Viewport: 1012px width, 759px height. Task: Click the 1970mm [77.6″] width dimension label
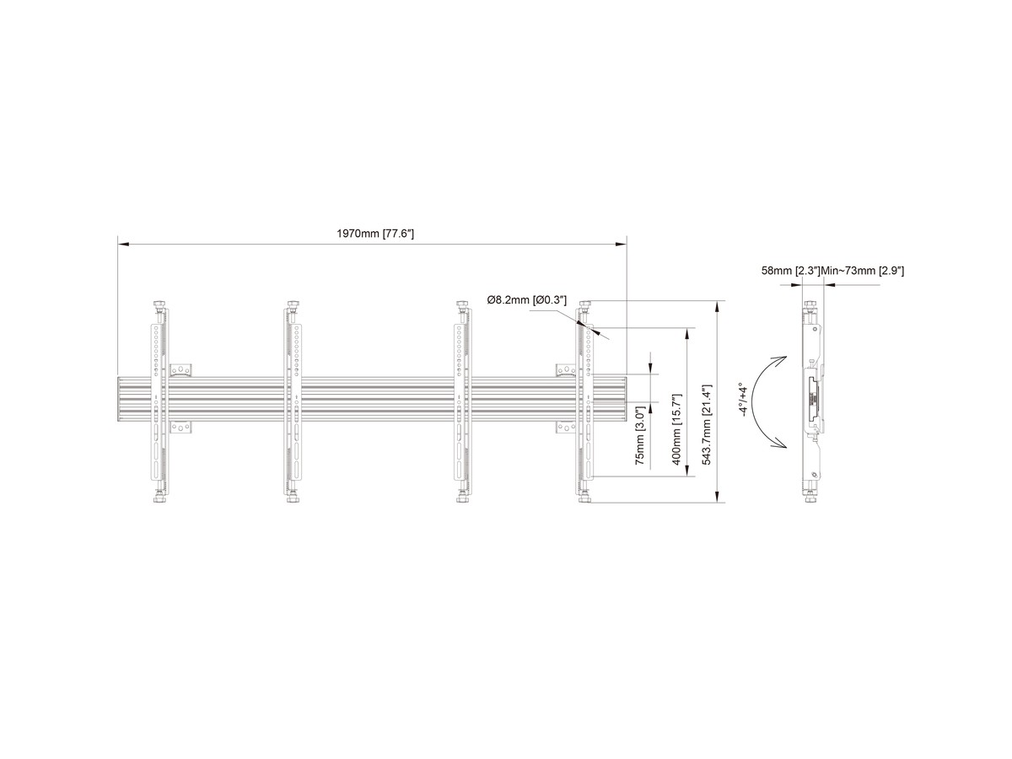pos(374,234)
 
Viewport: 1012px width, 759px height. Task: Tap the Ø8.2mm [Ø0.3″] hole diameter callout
pos(526,300)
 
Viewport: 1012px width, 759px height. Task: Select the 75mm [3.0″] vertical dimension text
pos(640,435)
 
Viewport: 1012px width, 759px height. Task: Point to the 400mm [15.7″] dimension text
pos(676,429)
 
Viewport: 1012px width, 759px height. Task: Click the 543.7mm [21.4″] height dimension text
pos(708,424)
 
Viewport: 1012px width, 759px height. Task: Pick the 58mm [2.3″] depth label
pos(790,271)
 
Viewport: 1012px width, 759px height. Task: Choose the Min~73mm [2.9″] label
pos(862,271)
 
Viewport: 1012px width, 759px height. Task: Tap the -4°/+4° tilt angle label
pos(743,400)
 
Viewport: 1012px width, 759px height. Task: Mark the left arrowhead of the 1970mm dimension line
pos(122,244)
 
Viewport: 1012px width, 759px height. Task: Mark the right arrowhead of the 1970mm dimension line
pos(622,244)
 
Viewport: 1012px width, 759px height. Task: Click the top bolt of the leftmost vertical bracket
pos(159,306)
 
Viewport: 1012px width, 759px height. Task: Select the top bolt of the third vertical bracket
pos(462,306)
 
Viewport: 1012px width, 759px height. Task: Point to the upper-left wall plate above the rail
pos(180,370)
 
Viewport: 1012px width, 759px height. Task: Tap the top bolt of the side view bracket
pos(810,306)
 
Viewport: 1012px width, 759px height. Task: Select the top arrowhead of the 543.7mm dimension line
pos(718,306)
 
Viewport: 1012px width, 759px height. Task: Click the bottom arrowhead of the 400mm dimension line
pos(687,471)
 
